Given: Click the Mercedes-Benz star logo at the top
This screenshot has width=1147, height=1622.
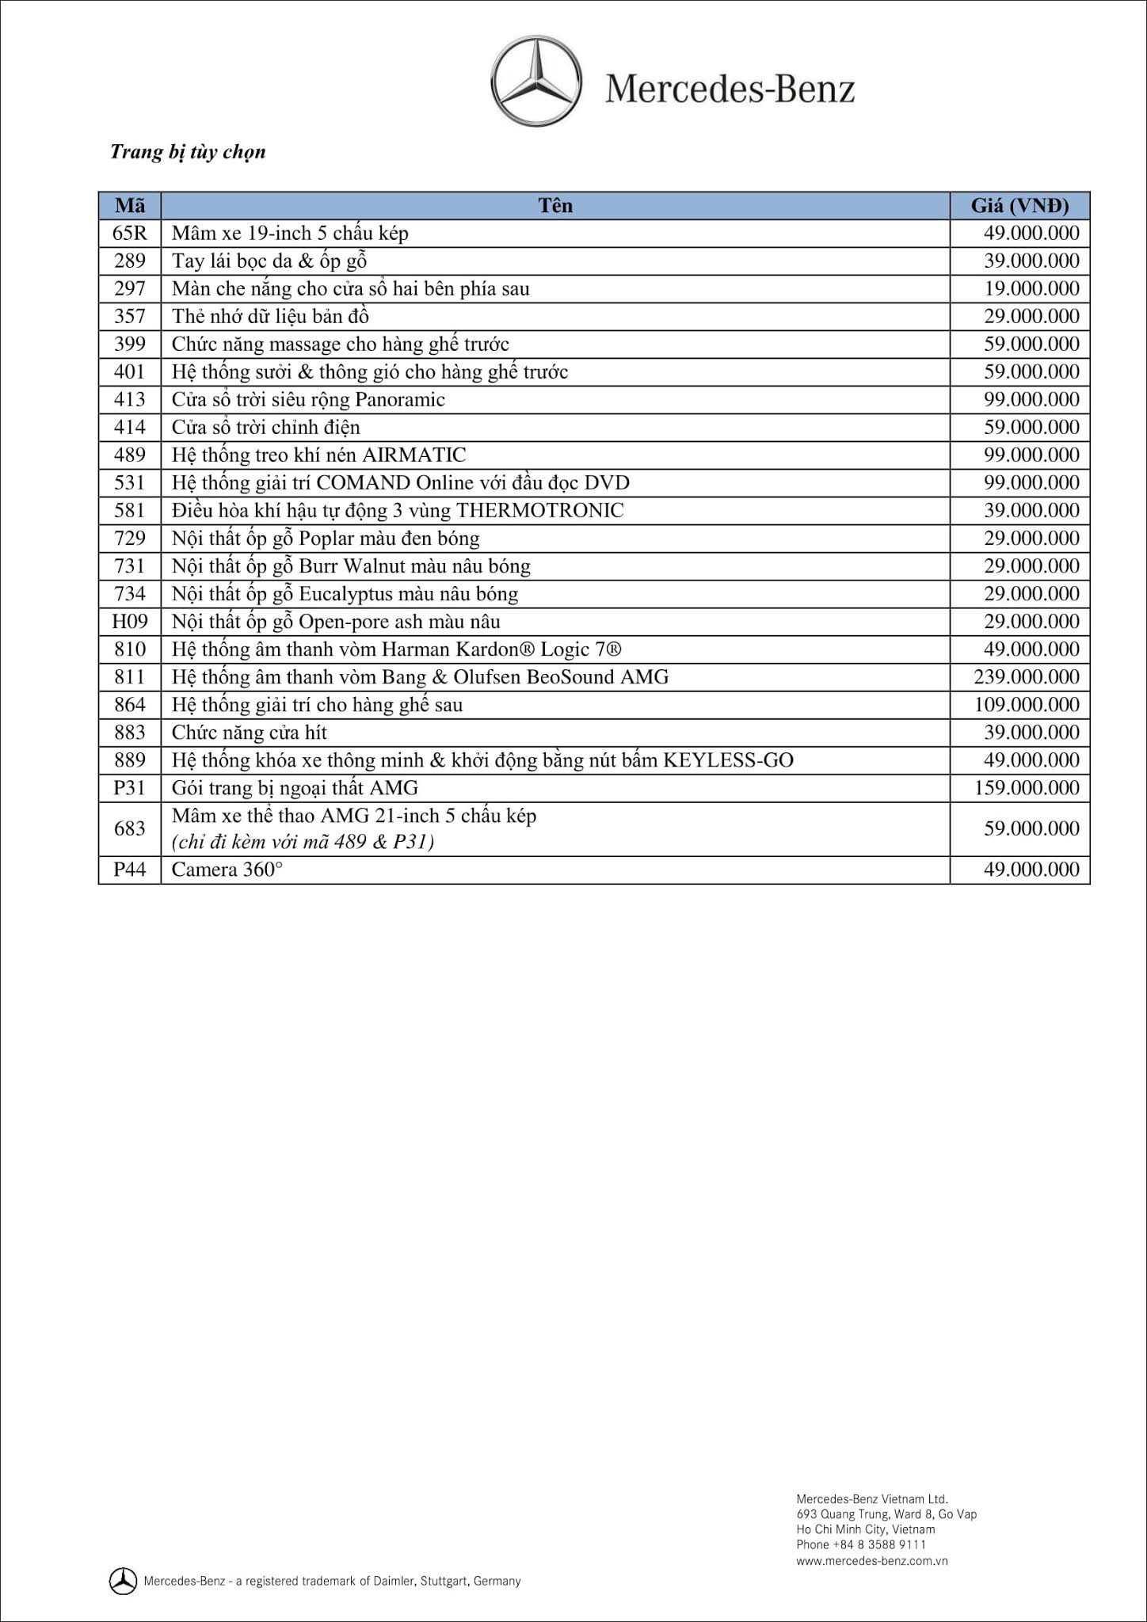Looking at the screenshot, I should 536,85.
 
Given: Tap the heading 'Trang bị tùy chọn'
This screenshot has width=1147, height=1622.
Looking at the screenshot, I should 188,152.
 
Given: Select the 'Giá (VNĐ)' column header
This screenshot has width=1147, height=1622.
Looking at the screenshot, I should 1019,206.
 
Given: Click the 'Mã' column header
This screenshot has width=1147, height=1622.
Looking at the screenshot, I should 130,206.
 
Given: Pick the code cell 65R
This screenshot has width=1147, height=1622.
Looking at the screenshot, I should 130,234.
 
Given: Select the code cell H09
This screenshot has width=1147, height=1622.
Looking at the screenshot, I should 130,622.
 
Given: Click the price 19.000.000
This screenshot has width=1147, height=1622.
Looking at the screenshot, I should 1031,289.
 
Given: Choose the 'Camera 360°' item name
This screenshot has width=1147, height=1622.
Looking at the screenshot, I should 227,870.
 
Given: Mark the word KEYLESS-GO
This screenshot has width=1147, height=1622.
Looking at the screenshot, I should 728,760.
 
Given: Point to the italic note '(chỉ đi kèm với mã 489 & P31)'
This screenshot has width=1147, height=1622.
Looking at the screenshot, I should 303,842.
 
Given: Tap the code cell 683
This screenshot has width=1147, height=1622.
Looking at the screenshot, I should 130,828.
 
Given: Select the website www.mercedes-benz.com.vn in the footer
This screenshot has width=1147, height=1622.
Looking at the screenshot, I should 871,1561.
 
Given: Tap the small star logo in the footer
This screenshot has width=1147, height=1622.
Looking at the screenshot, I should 123,1581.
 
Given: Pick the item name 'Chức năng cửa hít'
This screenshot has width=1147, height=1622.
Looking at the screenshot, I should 249,733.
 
